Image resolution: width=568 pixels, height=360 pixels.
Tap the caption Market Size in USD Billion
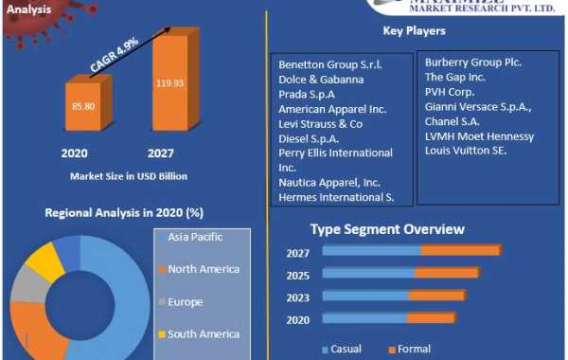[128, 175]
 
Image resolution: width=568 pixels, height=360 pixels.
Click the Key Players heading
[414, 31]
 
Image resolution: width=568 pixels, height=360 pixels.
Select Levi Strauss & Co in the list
[320, 124]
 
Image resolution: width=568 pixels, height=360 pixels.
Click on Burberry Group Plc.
[473, 63]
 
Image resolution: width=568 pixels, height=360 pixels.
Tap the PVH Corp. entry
[451, 92]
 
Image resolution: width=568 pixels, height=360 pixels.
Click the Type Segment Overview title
[387, 229]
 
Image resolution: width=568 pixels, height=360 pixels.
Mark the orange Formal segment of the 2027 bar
[460, 250]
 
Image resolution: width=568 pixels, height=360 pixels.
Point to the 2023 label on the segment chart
[299, 296]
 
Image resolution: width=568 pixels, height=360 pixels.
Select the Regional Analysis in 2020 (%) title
[124, 212]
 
